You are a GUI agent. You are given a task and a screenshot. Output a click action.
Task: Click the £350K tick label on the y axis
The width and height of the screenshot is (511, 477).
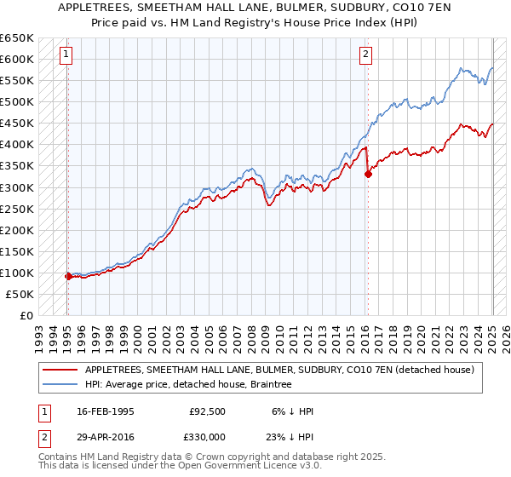(x=19, y=166)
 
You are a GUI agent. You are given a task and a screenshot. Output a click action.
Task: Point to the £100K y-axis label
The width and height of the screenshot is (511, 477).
(x=19, y=273)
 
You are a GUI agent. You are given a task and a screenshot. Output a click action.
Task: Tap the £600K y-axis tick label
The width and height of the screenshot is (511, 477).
(x=19, y=59)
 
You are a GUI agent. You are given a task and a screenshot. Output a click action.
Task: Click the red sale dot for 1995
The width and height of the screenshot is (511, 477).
(x=68, y=276)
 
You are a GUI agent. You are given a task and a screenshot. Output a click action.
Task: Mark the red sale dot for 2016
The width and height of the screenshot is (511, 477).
(x=368, y=175)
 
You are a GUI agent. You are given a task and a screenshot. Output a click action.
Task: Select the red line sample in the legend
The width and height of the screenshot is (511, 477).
(x=60, y=370)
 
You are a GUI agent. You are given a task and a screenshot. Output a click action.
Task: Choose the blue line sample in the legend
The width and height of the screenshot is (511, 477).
(x=60, y=385)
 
